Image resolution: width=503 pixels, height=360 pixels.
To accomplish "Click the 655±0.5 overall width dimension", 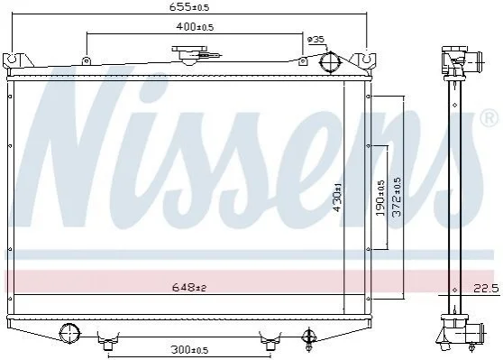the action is pos(189,7).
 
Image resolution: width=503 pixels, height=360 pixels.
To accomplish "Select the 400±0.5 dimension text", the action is pos(195,27).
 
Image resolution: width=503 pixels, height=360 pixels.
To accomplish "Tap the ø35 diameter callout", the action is pos(316,40).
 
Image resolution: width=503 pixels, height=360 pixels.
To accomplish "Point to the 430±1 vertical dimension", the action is pos(337,197).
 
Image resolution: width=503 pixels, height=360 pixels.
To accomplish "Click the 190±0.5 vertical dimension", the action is pos(380,198).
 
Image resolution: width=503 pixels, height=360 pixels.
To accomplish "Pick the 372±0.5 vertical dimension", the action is pos(397,197).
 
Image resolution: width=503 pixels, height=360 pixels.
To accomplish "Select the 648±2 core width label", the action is pos(189,288).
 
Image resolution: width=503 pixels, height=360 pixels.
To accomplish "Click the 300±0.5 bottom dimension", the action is pos(189,350).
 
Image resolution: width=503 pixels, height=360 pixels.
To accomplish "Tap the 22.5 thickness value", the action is pos(487,289).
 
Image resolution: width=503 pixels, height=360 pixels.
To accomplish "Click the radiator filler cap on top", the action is pos(190,54).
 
